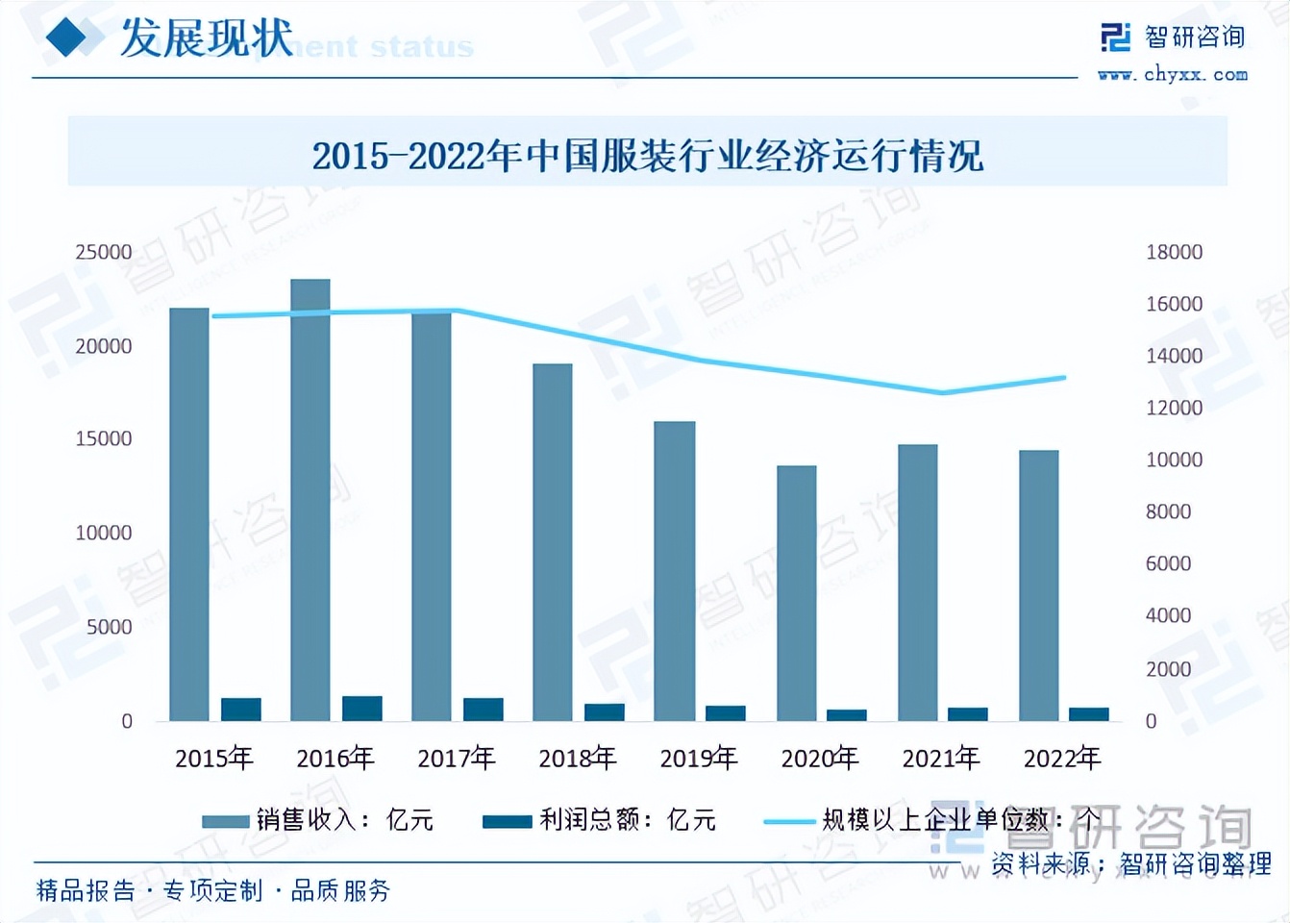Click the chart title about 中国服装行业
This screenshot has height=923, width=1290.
point(647,156)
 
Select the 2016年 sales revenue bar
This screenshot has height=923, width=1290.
point(310,500)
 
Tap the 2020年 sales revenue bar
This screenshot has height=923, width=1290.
point(797,593)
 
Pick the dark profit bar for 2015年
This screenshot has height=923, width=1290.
point(241,710)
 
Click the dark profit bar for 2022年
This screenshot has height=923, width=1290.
point(1089,714)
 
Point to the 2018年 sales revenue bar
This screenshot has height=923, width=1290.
point(553,542)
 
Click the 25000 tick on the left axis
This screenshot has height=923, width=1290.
point(104,252)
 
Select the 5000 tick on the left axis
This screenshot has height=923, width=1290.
point(110,627)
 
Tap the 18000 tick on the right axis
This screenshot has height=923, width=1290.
point(1174,252)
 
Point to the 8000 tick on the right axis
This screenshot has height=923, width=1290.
point(1168,511)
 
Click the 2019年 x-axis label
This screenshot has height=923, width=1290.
point(698,759)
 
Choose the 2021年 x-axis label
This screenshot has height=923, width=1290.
point(940,759)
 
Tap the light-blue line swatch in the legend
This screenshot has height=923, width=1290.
point(788,821)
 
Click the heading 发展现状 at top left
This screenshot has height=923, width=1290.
point(207,39)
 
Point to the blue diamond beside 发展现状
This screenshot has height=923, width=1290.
point(73,38)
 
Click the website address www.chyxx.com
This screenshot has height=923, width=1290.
point(1173,74)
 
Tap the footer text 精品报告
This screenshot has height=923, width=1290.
point(86,890)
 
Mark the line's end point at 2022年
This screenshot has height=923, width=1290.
point(1064,378)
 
